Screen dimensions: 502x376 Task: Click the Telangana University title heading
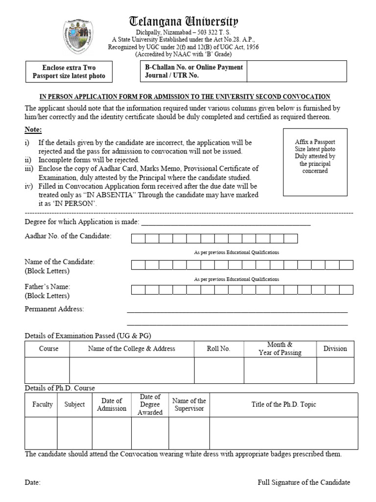coord(184,21)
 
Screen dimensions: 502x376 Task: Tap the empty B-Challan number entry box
coord(296,72)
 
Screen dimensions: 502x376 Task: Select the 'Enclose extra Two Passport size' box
coord(69,72)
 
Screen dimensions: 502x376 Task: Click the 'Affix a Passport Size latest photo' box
coord(315,162)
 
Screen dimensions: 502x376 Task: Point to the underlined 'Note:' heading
coord(33,130)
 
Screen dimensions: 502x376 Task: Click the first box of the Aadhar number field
coord(138,239)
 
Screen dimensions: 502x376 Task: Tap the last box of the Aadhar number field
coord(290,239)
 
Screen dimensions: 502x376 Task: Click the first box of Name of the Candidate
coord(138,265)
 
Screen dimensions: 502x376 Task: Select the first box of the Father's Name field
coord(138,290)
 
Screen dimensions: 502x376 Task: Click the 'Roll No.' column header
coord(219,349)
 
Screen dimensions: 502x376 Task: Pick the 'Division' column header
coord(335,349)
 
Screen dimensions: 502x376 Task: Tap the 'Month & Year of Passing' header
coord(280,349)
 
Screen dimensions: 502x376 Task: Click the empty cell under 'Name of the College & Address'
coord(132,370)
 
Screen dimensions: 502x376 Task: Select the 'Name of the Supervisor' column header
coord(189,404)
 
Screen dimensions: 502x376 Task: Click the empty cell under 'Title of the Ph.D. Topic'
coord(283,433)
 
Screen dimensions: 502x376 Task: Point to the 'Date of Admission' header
coord(112,404)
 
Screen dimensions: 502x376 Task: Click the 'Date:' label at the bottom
coord(33,482)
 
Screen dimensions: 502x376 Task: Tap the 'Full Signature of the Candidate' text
coord(304,482)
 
